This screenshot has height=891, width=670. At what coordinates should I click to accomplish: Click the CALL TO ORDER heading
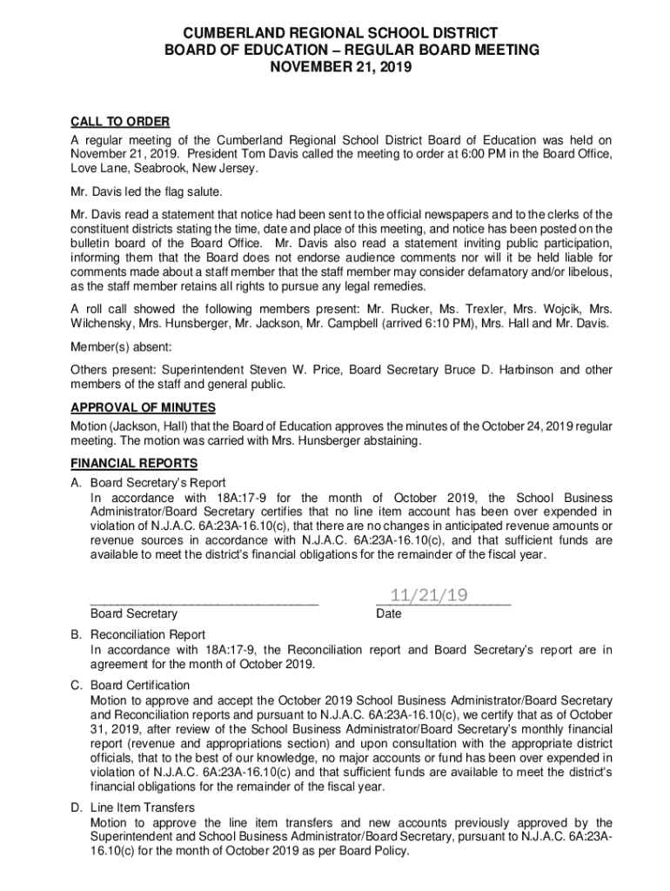[x=120, y=121]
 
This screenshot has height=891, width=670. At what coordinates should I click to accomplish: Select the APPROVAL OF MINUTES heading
[x=144, y=407]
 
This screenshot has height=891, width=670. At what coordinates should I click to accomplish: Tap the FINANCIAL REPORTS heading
[x=134, y=463]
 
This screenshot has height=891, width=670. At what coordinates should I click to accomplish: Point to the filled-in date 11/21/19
[x=430, y=595]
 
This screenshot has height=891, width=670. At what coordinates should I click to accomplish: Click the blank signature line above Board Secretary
[x=204, y=600]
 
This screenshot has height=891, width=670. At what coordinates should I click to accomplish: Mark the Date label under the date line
[x=388, y=613]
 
